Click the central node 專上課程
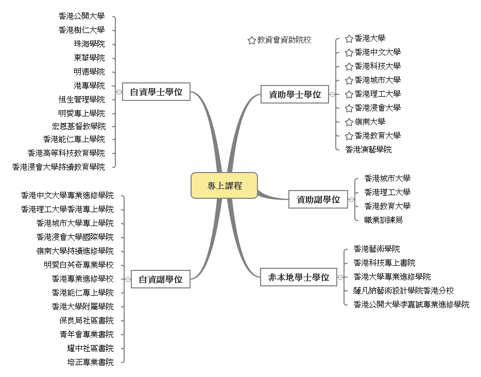[x=224, y=185]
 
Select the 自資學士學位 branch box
[x=156, y=92]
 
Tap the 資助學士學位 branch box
[x=295, y=94]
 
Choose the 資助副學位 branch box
[x=318, y=199]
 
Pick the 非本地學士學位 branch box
[x=298, y=277]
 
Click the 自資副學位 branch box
[x=160, y=279]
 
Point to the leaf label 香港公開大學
[x=81, y=16]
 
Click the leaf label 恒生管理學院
[x=81, y=99]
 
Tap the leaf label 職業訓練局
[x=383, y=220]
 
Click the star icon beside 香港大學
[x=349, y=39]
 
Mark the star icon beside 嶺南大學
[x=349, y=122]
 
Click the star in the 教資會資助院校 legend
[x=251, y=40]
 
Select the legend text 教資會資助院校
[x=284, y=40]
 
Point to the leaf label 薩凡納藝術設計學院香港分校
[x=404, y=290]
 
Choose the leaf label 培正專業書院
[x=90, y=362]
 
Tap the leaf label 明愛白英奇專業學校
[x=78, y=265]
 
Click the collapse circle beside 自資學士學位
[x=119, y=92]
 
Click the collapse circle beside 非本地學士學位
[x=340, y=277]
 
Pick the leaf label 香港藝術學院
[x=376, y=249]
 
